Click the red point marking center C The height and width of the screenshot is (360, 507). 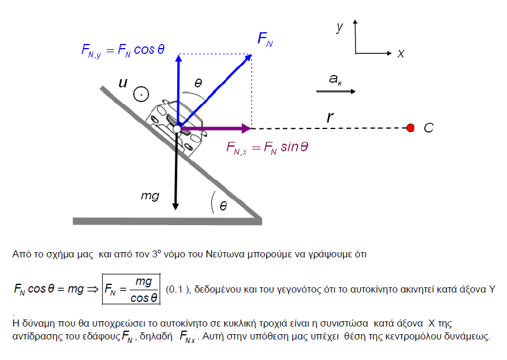tap(411, 128)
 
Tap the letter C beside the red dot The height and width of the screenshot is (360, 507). tap(428, 128)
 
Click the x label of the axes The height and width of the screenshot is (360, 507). tap(401, 53)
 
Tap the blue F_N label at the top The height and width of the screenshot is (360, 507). tap(265, 40)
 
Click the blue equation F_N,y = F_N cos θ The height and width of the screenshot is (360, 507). tap(123, 50)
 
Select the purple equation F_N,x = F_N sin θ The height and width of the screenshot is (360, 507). tap(267, 147)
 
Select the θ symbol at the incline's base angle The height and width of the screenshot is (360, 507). tap(223, 206)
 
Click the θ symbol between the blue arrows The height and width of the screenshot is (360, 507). tap(198, 84)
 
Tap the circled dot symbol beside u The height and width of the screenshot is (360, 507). tap(141, 93)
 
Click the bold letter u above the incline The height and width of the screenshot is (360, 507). tap(123, 84)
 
